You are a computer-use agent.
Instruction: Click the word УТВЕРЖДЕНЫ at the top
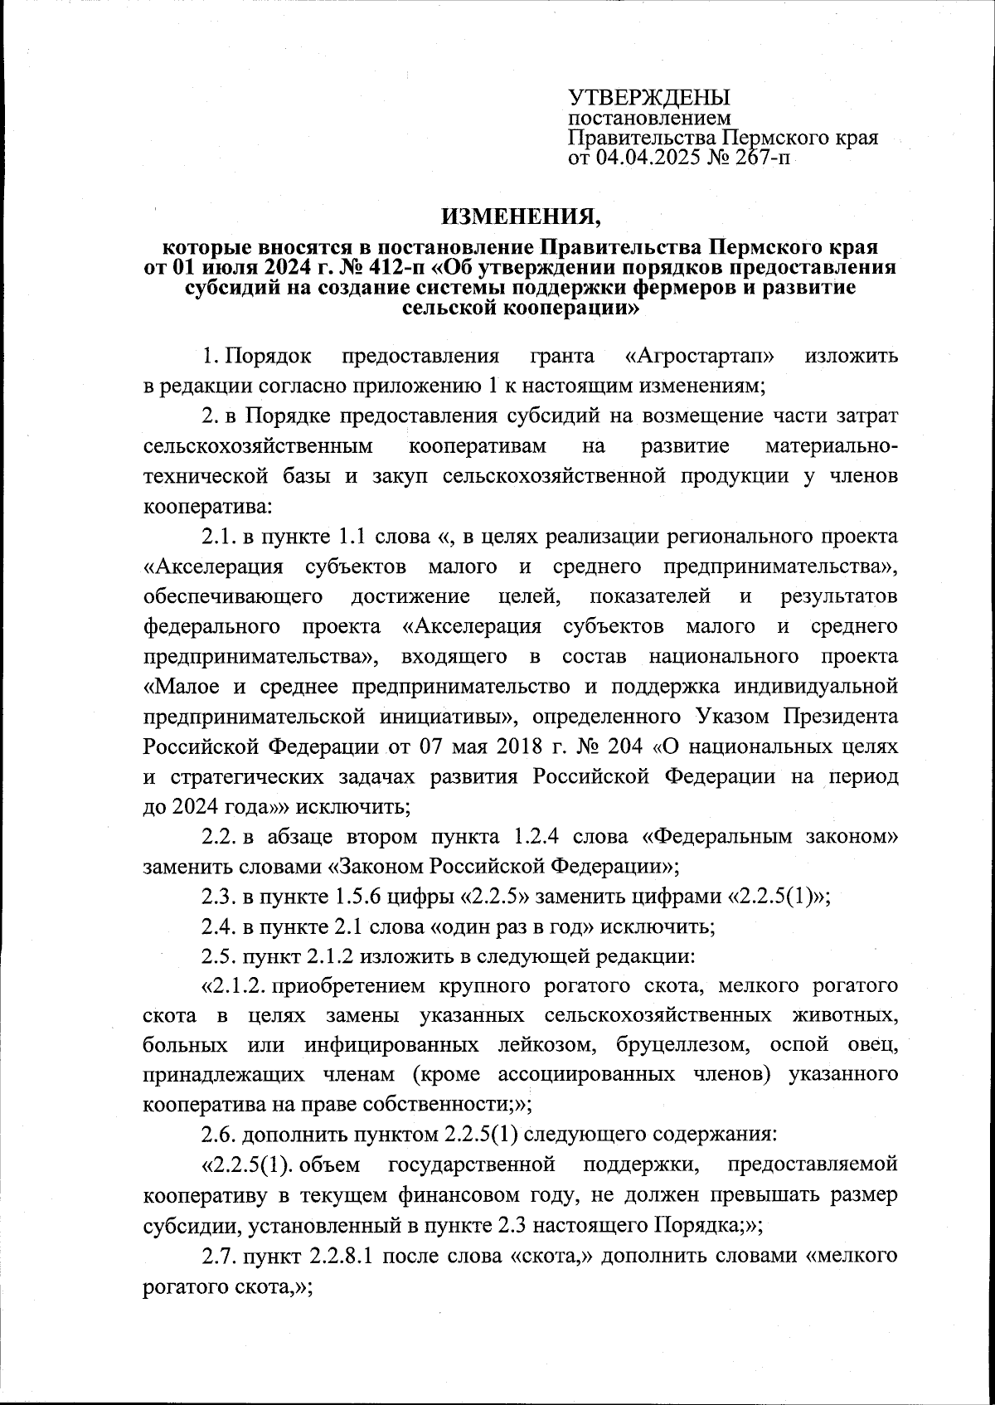(x=648, y=97)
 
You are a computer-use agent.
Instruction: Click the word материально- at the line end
(x=831, y=446)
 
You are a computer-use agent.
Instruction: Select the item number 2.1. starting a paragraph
(x=219, y=537)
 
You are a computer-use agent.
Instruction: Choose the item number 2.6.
(x=219, y=1134)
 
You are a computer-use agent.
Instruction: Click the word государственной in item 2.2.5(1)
(x=471, y=1164)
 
